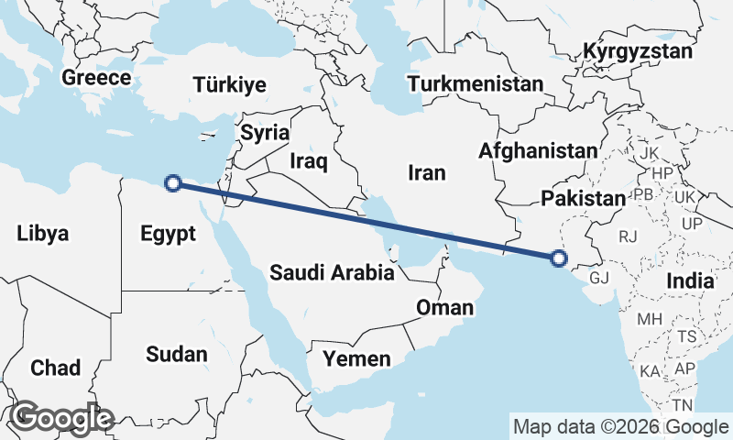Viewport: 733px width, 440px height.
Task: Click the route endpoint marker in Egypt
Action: point(171,183)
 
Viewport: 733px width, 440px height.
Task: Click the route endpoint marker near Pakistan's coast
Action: point(561,258)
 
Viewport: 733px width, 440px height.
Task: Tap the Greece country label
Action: point(96,78)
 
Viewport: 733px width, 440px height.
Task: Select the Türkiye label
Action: point(230,85)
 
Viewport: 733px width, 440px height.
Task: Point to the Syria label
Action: point(265,133)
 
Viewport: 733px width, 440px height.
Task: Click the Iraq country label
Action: point(308,161)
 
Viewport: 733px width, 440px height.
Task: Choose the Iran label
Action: point(426,172)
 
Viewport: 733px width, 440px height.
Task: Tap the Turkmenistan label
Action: point(476,84)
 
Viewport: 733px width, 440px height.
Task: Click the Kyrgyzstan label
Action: point(638,51)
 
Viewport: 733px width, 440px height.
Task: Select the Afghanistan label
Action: point(538,150)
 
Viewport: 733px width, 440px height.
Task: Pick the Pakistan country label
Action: point(583,198)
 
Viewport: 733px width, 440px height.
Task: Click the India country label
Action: point(690,280)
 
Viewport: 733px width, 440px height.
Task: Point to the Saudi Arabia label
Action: point(333,272)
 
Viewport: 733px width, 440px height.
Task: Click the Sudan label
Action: point(177,354)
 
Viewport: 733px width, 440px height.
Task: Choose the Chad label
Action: point(55,368)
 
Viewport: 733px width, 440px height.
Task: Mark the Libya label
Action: point(42,234)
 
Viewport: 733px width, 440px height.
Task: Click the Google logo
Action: point(60,418)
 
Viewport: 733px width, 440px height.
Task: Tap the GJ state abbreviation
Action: point(599,278)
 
